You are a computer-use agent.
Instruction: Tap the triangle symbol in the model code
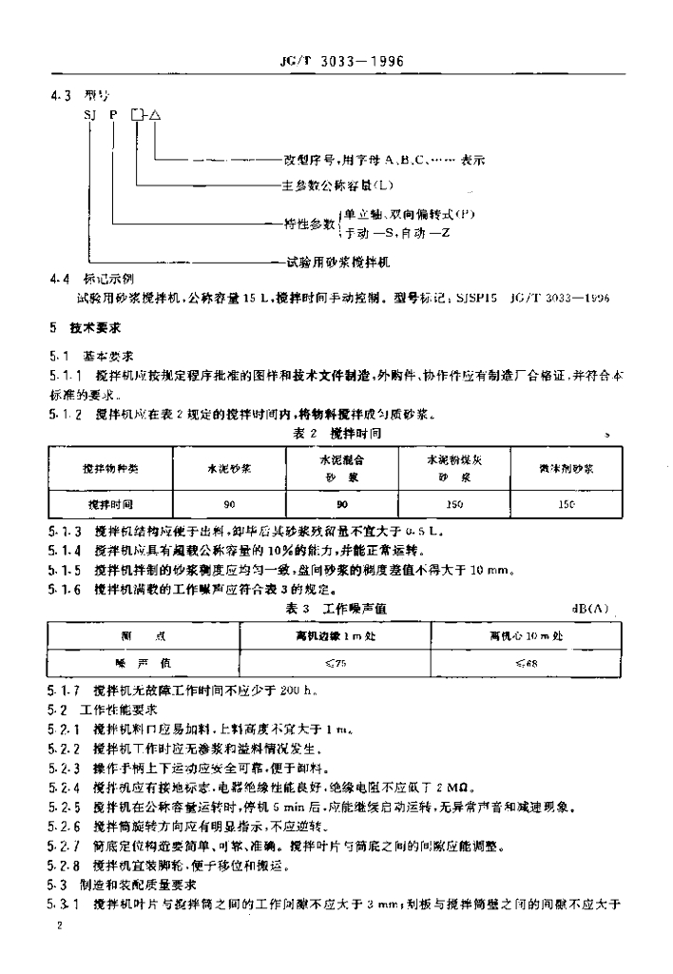pos(156,115)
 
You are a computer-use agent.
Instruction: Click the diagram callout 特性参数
pos(310,224)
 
